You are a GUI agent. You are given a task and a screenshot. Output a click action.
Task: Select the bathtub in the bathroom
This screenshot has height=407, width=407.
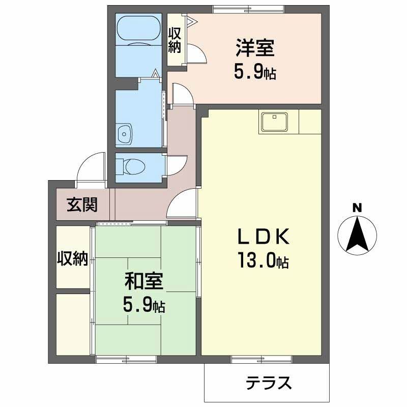tap(137, 31)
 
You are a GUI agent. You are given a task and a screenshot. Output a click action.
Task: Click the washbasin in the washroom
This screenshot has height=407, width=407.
tap(124, 134)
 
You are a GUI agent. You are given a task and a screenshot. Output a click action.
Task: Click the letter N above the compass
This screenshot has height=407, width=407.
tap(358, 207)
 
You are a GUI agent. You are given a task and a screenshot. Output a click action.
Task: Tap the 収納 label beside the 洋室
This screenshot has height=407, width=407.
tap(175, 41)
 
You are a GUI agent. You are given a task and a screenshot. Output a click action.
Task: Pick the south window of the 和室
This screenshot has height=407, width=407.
tap(126, 360)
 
